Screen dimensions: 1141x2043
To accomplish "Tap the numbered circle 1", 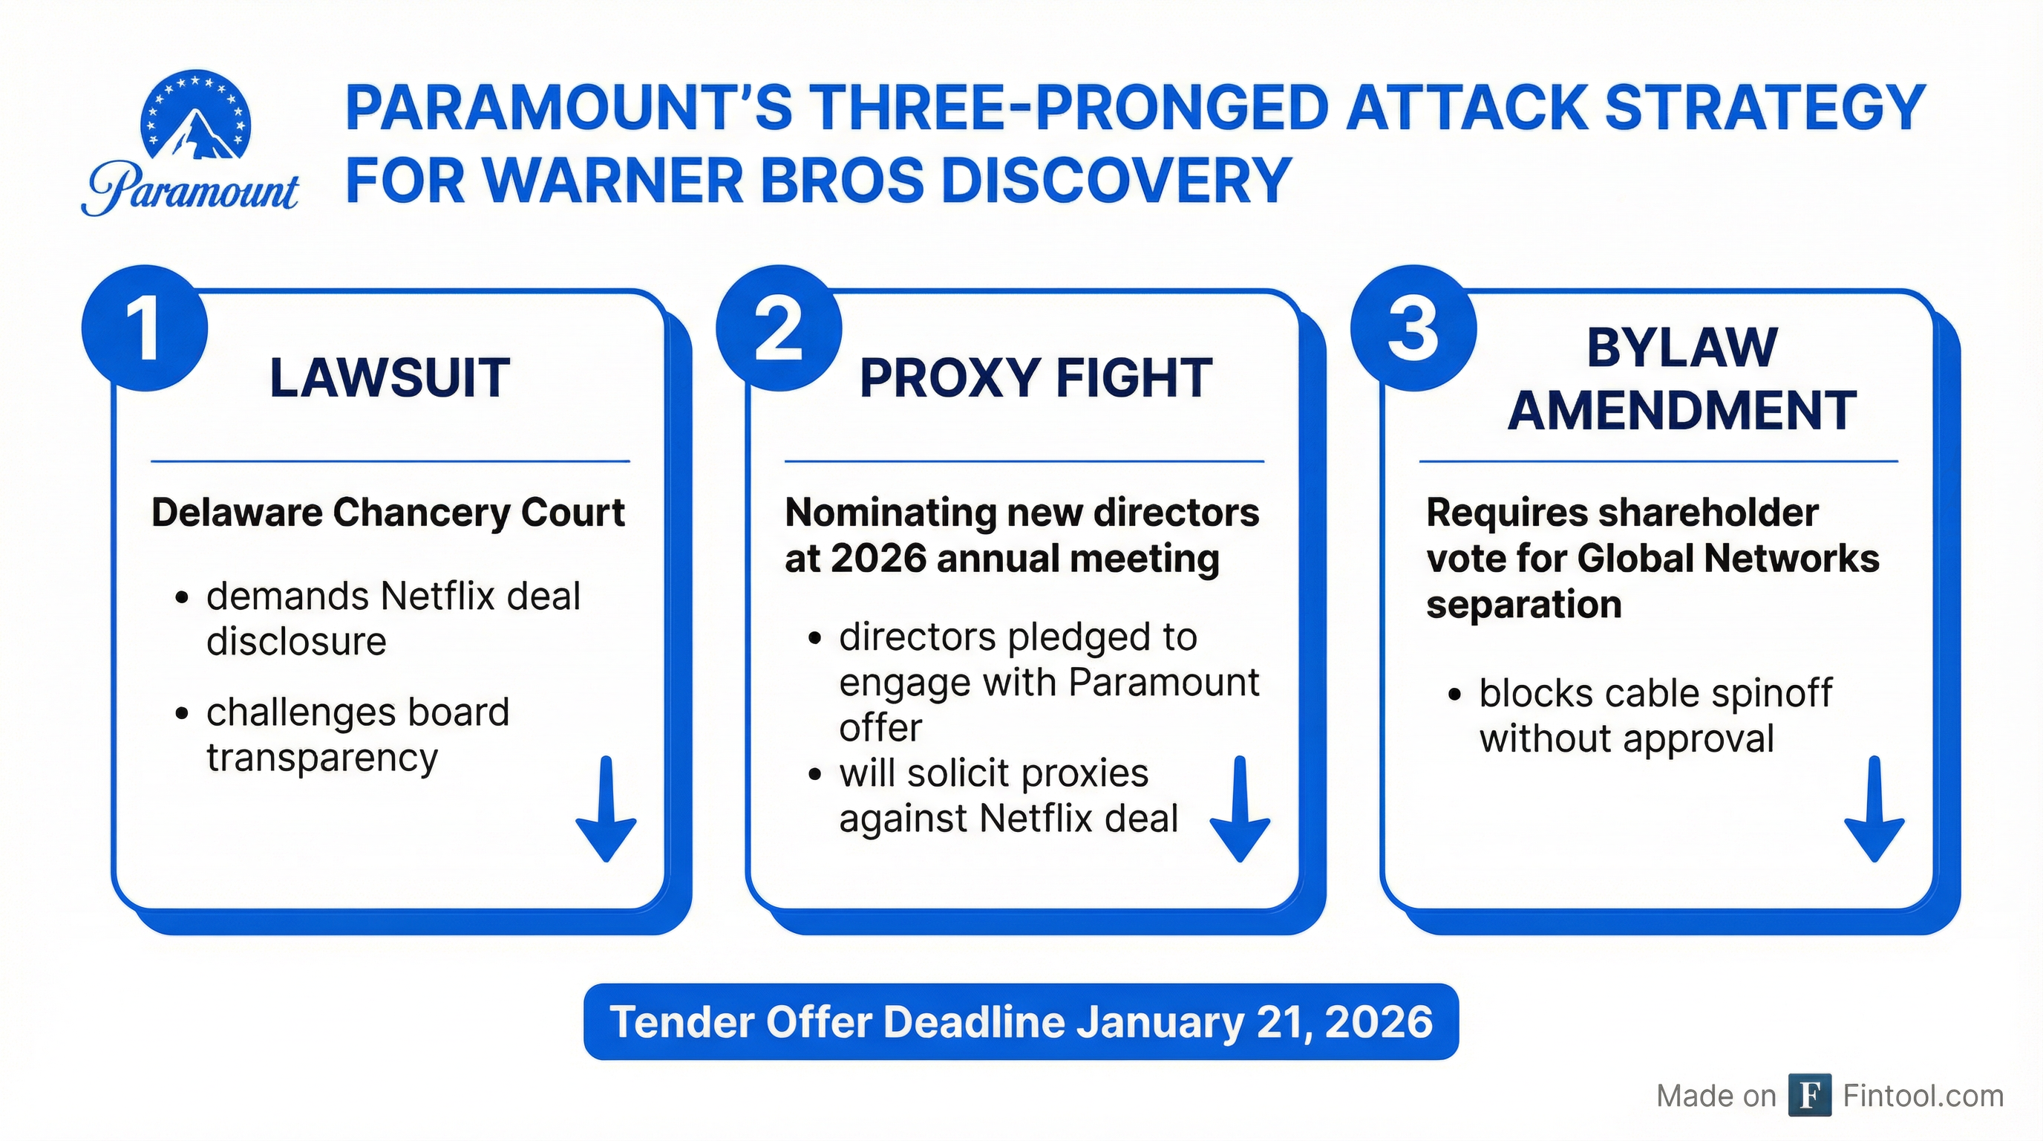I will [144, 328].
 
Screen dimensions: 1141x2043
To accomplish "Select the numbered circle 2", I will [779, 328].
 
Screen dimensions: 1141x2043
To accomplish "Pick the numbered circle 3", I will [1413, 328].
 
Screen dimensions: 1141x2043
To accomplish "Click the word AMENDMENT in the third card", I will [1682, 411].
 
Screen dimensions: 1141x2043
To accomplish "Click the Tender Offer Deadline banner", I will [1021, 1022].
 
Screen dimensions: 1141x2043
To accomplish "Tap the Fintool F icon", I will [1810, 1095].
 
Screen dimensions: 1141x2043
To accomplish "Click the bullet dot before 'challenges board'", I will [183, 713].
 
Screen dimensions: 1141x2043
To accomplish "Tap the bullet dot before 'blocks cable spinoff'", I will [1454, 695].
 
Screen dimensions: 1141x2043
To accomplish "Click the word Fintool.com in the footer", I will [1923, 1096].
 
